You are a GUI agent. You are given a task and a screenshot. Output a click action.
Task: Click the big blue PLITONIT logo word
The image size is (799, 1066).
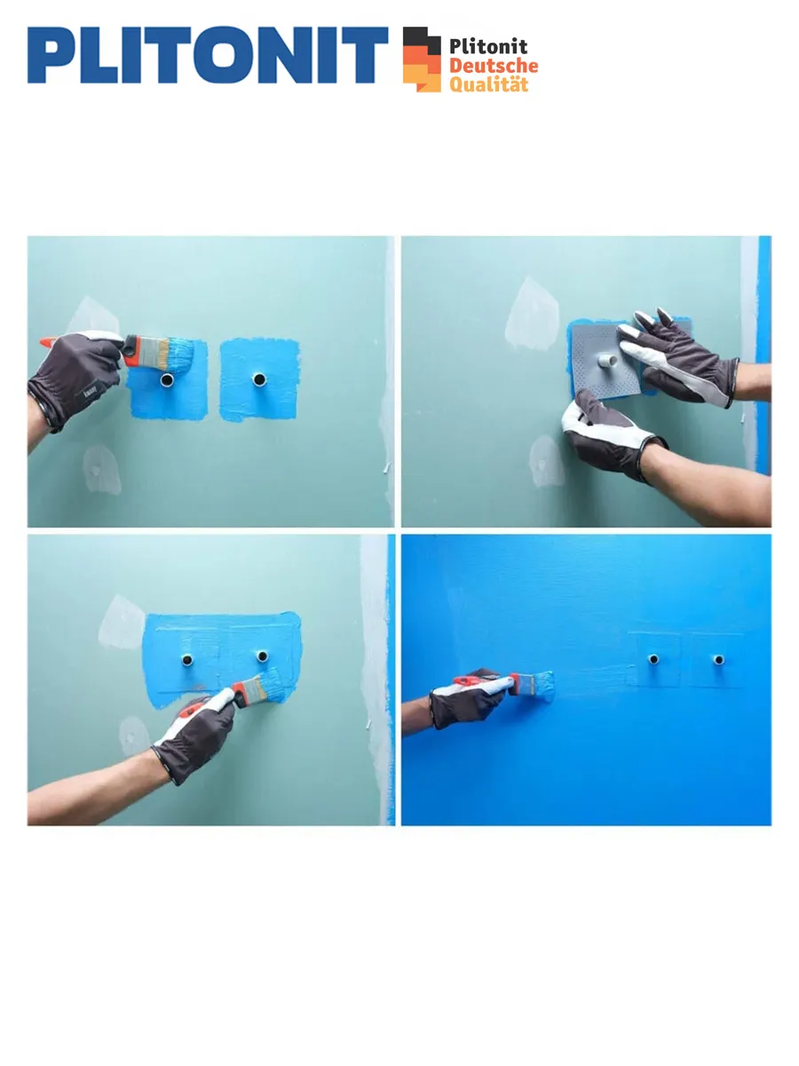(208, 55)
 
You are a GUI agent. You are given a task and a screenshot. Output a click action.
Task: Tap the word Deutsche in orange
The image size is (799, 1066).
(494, 66)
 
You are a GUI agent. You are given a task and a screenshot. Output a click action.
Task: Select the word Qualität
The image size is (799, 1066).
(488, 84)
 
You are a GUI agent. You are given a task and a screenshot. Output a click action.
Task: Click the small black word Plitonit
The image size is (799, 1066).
(488, 46)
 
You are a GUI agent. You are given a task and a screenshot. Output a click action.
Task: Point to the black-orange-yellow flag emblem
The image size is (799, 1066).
(422, 60)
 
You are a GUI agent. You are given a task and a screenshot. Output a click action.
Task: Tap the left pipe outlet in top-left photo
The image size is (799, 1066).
(167, 379)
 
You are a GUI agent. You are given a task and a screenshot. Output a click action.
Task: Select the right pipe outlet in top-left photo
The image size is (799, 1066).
(259, 378)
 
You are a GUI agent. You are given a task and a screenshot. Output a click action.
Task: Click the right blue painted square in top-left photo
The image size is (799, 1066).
(259, 379)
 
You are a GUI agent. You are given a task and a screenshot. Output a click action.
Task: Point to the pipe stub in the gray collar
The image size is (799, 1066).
(608, 361)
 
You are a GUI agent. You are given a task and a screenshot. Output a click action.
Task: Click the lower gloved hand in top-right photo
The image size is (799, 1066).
(612, 436)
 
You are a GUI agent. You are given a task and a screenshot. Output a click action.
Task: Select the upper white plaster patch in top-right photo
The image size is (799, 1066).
(532, 314)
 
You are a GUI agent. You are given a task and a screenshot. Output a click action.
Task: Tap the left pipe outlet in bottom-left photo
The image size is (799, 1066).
(187, 659)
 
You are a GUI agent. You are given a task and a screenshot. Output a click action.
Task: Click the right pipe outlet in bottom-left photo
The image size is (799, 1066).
(263, 656)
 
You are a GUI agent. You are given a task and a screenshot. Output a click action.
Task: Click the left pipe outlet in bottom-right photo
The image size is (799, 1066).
(653, 659)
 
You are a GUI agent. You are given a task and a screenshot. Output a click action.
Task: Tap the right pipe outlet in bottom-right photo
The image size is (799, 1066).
(718, 659)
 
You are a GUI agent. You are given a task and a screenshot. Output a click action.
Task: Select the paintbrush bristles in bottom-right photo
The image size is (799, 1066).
(543, 686)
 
